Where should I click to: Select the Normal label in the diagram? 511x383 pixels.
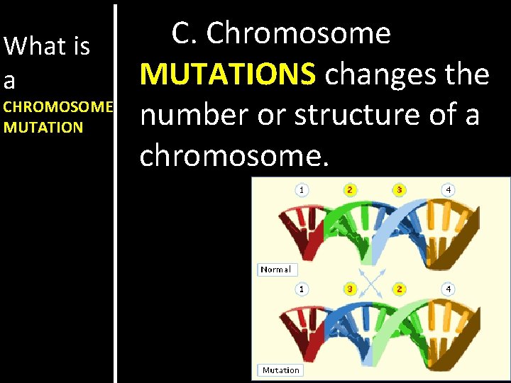pyautogui.click(x=275, y=270)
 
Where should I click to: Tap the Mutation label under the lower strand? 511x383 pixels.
pyautogui.click(x=280, y=370)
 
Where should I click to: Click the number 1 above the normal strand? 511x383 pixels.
pyautogui.click(x=302, y=189)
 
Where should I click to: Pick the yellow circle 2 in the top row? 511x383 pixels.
pyautogui.click(x=350, y=189)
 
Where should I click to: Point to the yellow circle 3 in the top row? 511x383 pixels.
pyautogui.click(x=399, y=189)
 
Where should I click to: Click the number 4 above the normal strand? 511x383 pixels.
pyautogui.click(x=448, y=189)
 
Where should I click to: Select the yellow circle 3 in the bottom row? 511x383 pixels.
pyautogui.click(x=350, y=289)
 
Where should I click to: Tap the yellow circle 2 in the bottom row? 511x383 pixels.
pyautogui.click(x=399, y=289)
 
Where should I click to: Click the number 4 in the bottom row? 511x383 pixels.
pyautogui.click(x=448, y=289)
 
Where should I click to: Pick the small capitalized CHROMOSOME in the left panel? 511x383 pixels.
pyautogui.click(x=58, y=107)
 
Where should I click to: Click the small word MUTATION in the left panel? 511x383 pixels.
pyautogui.click(x=43, y=128)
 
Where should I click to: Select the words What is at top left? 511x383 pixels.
pyautogui.click(x=47, y=47)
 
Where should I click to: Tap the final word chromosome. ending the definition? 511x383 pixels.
pyautogui.click(x=234, y=155)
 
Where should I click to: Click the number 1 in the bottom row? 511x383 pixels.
pyautogui.click(x=302, y=289)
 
